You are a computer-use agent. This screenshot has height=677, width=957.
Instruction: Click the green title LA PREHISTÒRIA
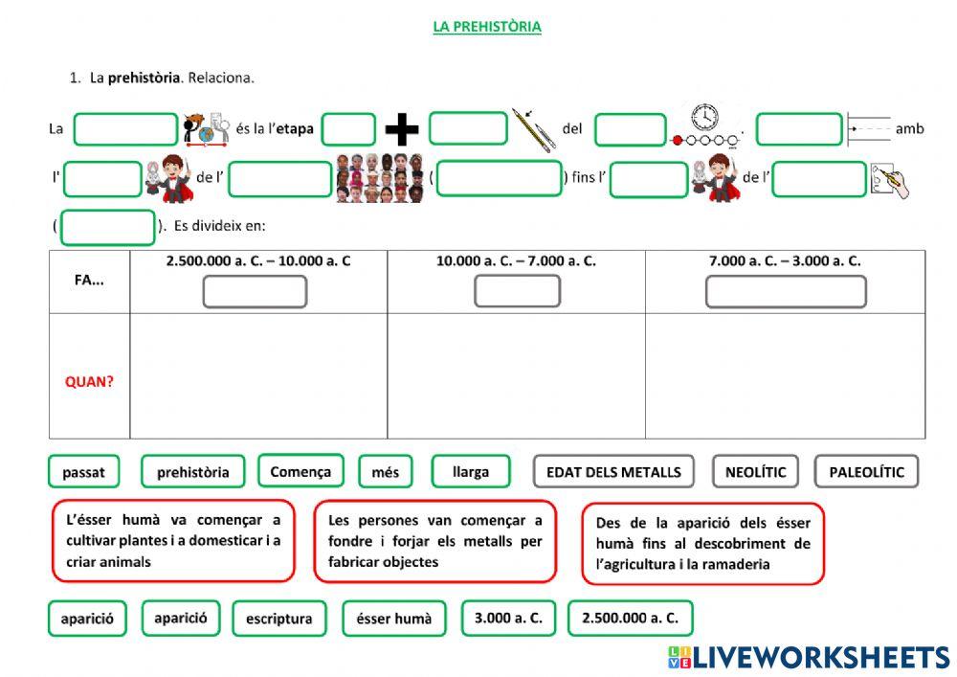[x=487, y=27]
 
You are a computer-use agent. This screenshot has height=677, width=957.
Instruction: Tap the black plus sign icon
[x=402, y=129]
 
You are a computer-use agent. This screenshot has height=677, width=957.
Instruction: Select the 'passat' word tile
[x=84, y=471]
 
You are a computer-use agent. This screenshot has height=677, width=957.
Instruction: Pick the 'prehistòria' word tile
[x=192, y=471]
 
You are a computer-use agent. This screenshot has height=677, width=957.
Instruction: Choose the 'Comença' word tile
[x=300, y=470]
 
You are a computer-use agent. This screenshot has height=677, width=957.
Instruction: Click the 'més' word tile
[x=386, y=471]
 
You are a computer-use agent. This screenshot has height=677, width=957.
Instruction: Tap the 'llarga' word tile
[x=470, y=470]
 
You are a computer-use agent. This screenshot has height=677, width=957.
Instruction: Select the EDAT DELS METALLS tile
[x=613, y=471]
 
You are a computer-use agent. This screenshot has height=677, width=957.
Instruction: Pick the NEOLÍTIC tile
[x=755, y=471]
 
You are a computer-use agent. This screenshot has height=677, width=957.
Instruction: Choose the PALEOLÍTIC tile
[x=866, y=471]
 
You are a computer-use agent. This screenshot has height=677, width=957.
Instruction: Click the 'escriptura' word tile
[x=278, y=619]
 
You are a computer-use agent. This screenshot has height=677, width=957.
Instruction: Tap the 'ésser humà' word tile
[x=393, y=619]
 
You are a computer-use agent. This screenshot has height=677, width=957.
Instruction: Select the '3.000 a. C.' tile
[x=508, y=618]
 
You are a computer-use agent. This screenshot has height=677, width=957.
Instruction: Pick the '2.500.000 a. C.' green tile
[x=630, y=618]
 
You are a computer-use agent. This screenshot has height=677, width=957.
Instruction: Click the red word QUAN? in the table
[x=89, y=381]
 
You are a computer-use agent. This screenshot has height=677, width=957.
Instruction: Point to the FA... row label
[x=89, y=282]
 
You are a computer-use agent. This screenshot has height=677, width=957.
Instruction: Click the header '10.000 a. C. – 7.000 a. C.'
[x=516, y=260]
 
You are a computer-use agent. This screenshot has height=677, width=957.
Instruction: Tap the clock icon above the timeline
[x=704, y=117]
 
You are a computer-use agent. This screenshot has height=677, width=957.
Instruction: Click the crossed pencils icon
[x=533, y=129]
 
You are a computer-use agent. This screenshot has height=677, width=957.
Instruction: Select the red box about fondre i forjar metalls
[x=434, y=541]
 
